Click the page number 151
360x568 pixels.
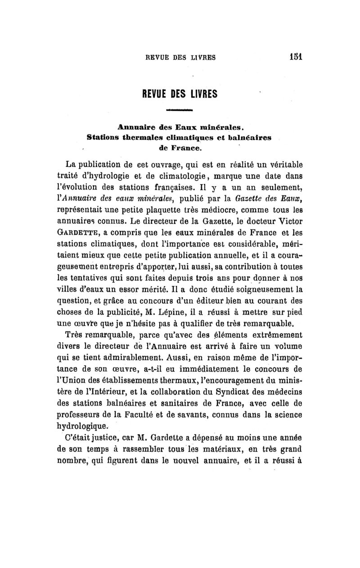pos(295,57)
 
